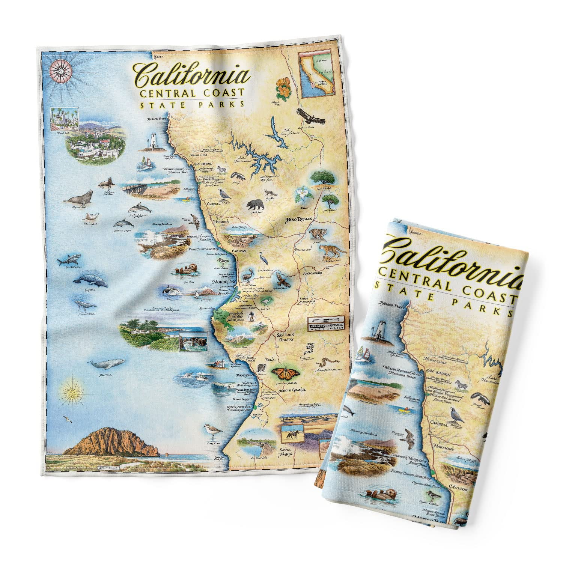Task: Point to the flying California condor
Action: tap(311, 116)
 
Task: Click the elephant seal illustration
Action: tap(79, 197)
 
